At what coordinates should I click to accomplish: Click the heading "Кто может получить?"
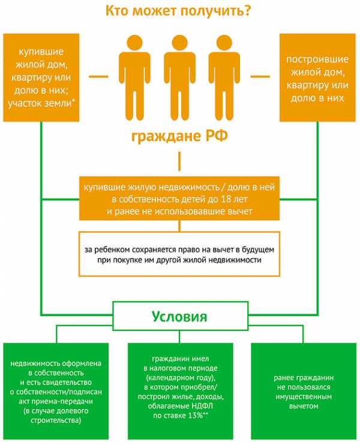click(178, 11)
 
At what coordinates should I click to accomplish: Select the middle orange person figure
click(179, 78)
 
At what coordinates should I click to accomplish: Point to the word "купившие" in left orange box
click(41, 52)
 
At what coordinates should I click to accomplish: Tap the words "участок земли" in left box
click(39, 104)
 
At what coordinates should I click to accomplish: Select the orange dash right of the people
click(260, 76)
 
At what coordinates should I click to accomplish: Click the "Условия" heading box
click(179, 315)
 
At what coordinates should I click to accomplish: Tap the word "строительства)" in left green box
click(56, 421)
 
